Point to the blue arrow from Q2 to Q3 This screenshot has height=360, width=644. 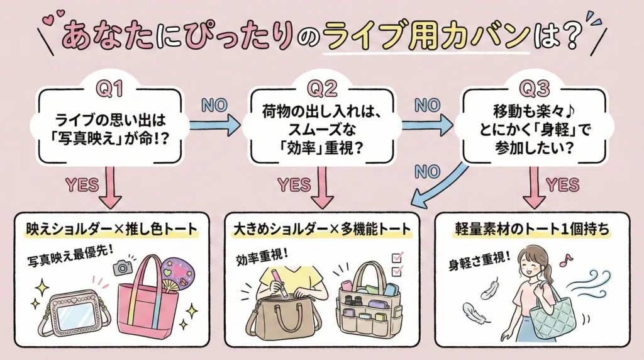(x=427, y=125)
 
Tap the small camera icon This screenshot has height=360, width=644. (x=123, y=267)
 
